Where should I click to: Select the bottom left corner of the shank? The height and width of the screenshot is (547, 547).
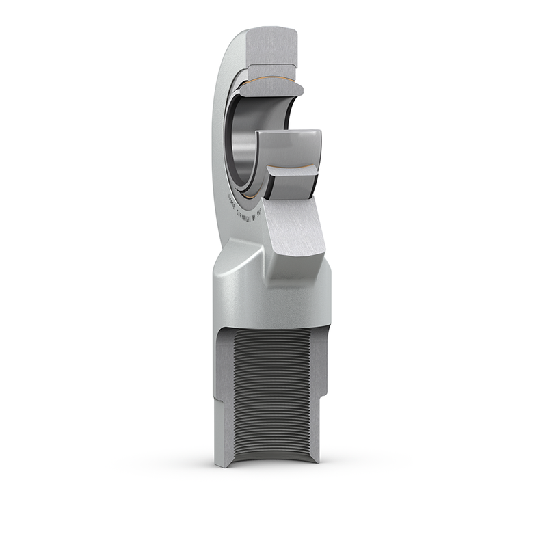tap(217, 464)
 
